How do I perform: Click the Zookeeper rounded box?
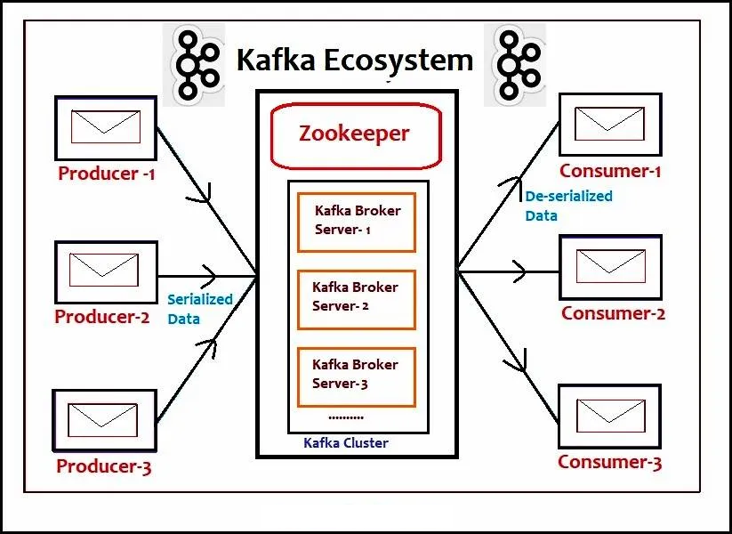click(x=356, y=135)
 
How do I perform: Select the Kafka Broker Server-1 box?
click(x=356, y=222)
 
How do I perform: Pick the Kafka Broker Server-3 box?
click(x=356, y=376)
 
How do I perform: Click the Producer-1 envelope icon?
click(x=105, y=126)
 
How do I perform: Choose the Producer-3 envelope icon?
click(x=104, y=418)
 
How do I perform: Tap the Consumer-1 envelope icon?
click(x=609, y=124)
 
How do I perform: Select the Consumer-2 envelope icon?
click(x=609, y=265)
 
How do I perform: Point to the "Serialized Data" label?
click(x=199, y=309)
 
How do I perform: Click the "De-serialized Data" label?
click(x=568, y=205)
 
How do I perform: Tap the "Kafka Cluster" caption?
click(x=346, y=442)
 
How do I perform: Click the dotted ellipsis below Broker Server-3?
click(x=345, y=417)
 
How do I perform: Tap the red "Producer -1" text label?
click(x=106, y=174)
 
